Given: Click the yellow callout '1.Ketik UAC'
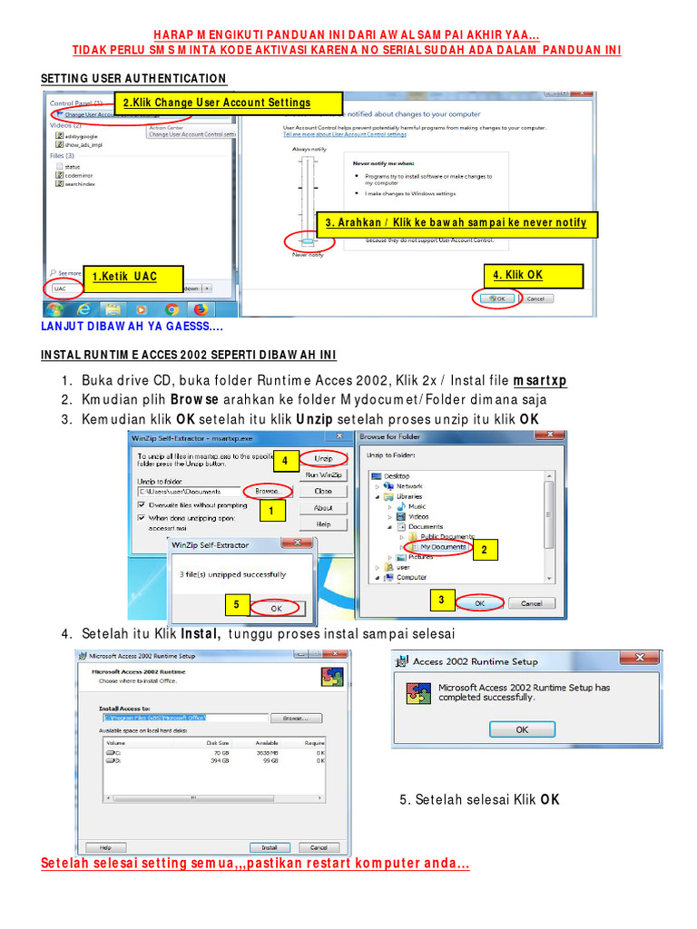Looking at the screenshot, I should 133,277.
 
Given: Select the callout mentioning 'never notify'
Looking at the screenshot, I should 456,223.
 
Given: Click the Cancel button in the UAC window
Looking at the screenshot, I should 535,298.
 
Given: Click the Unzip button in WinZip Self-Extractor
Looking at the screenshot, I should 323,459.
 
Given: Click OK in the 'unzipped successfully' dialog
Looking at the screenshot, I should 277,608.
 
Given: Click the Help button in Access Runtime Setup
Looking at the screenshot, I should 105,846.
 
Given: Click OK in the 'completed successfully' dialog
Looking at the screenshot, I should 522,729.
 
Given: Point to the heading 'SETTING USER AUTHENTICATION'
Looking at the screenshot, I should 133,79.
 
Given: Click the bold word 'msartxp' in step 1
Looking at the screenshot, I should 540,380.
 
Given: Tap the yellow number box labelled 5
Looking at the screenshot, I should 236,604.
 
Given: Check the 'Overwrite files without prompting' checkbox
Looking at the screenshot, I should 142,504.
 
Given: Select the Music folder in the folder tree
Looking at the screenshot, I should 417,506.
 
